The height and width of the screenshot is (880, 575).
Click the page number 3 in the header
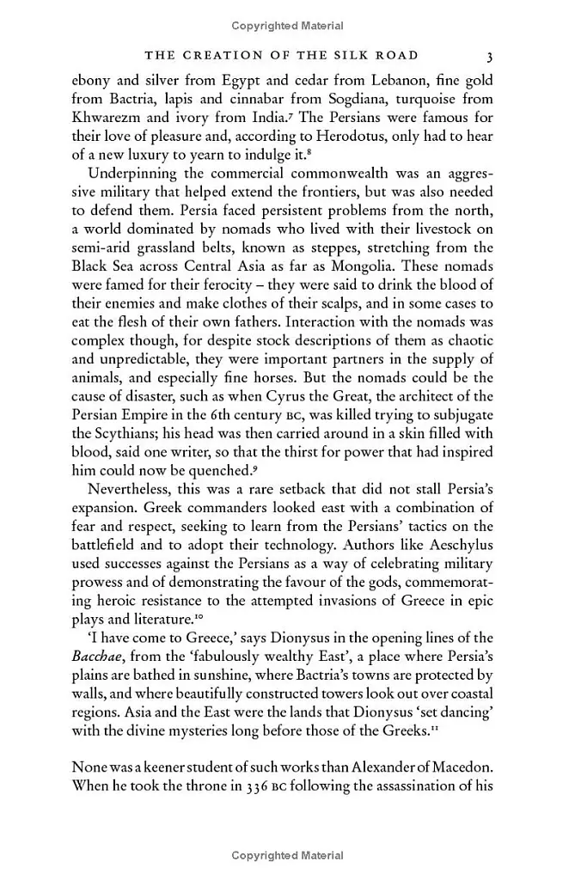point(488,57)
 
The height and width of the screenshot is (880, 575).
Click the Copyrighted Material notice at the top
point(287,26)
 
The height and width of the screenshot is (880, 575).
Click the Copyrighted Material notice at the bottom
point(287,855)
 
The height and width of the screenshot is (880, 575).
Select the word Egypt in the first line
point(240,80)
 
